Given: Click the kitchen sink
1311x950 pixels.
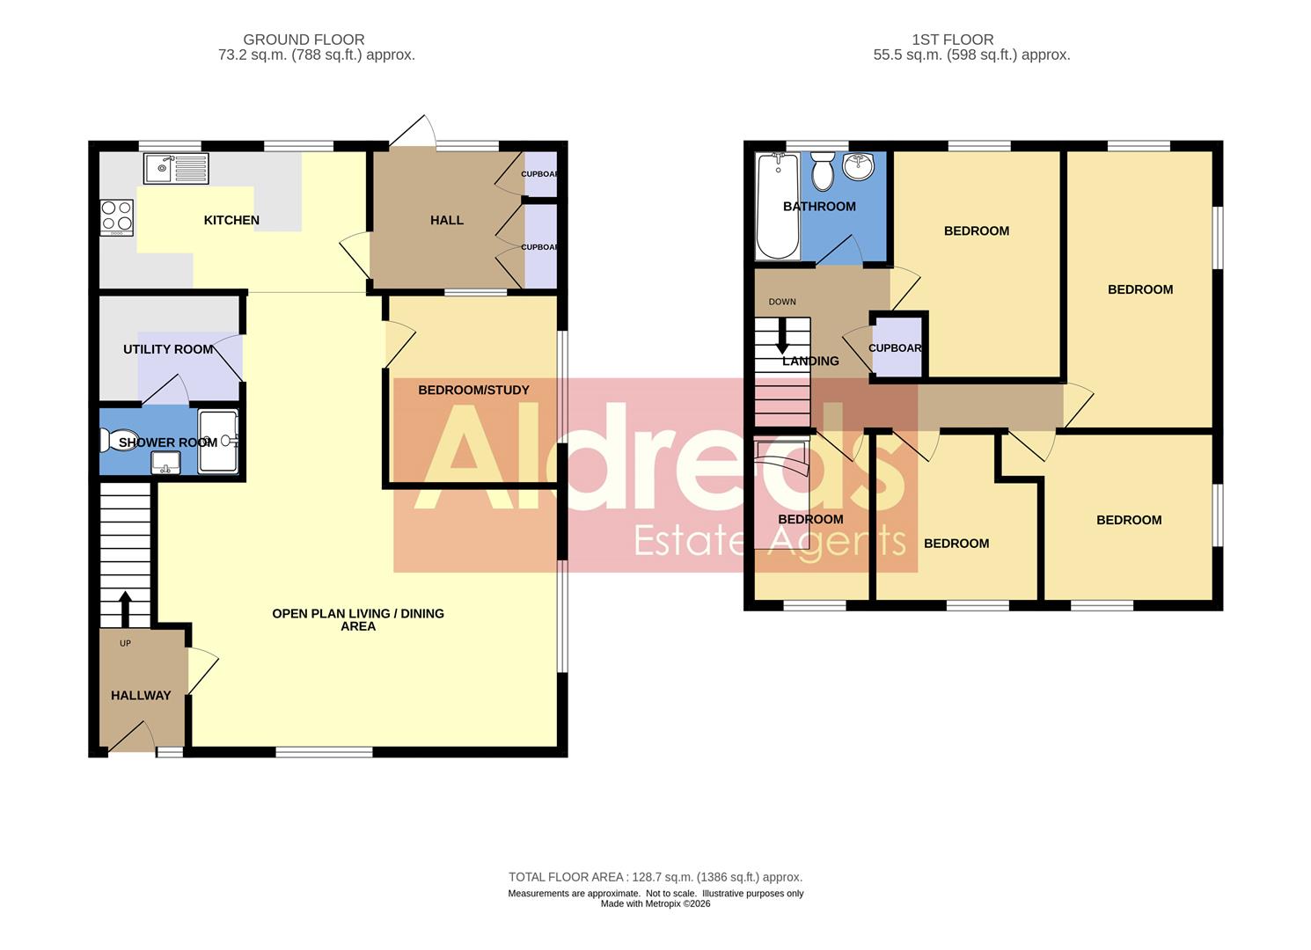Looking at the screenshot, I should pos(177,168).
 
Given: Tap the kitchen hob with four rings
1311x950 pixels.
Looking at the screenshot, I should pos(116,217).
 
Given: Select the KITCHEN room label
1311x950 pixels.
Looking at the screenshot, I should pos(231,220).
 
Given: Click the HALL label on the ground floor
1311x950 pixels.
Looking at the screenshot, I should pos(447,220).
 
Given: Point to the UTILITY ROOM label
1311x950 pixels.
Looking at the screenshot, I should pos(168,349).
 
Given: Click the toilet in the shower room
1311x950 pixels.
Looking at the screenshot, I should pos(114,440).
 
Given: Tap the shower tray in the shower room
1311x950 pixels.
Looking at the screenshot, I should pos(218,441).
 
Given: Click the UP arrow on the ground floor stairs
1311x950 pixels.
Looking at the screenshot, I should pos(125,607).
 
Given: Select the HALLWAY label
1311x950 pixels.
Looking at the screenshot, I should pos(141,695).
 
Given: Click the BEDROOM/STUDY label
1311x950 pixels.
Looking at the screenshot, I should pos(473,390).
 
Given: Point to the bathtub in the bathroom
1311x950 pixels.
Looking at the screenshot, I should pos(778,206).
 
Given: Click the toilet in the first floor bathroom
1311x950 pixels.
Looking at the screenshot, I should pos(823,170).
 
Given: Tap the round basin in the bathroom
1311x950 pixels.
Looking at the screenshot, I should pos(859,165).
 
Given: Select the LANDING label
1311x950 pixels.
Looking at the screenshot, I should pos(810,361).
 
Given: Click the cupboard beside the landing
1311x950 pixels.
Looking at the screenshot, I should pos(897,348).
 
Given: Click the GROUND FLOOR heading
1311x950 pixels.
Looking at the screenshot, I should pos(304,40).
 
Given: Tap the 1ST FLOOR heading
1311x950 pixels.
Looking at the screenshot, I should pos(953,40).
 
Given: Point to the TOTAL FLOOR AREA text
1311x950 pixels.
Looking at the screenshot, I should pos(655,877).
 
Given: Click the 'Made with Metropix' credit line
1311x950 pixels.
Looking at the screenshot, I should pos(655,903).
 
